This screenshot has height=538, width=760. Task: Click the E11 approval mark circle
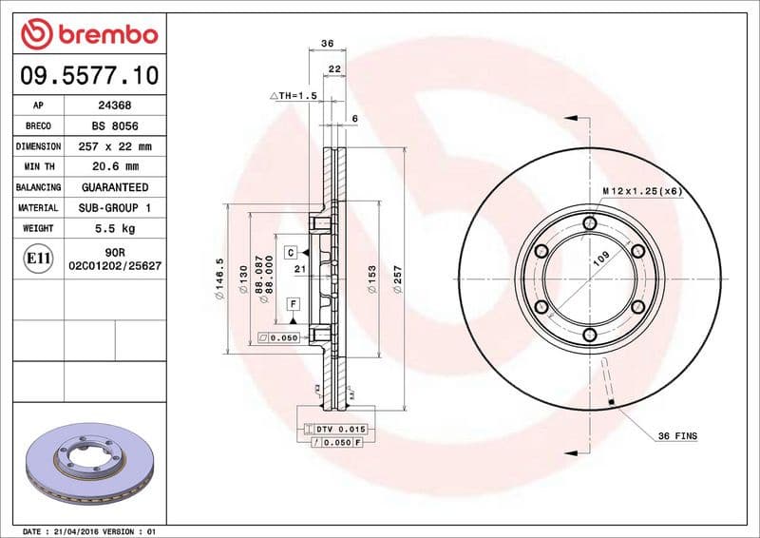[x=39, y=258]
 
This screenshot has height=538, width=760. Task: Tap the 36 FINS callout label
[x=678, y=435]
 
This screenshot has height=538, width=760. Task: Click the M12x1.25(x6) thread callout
[x=642, y=191]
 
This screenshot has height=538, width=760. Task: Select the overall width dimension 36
[x=327, y=44]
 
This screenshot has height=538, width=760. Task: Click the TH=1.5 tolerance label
[x=294, y=96]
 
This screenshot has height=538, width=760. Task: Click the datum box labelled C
[x=292, y=252]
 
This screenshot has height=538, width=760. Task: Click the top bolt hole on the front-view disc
[x=590, y=223]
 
